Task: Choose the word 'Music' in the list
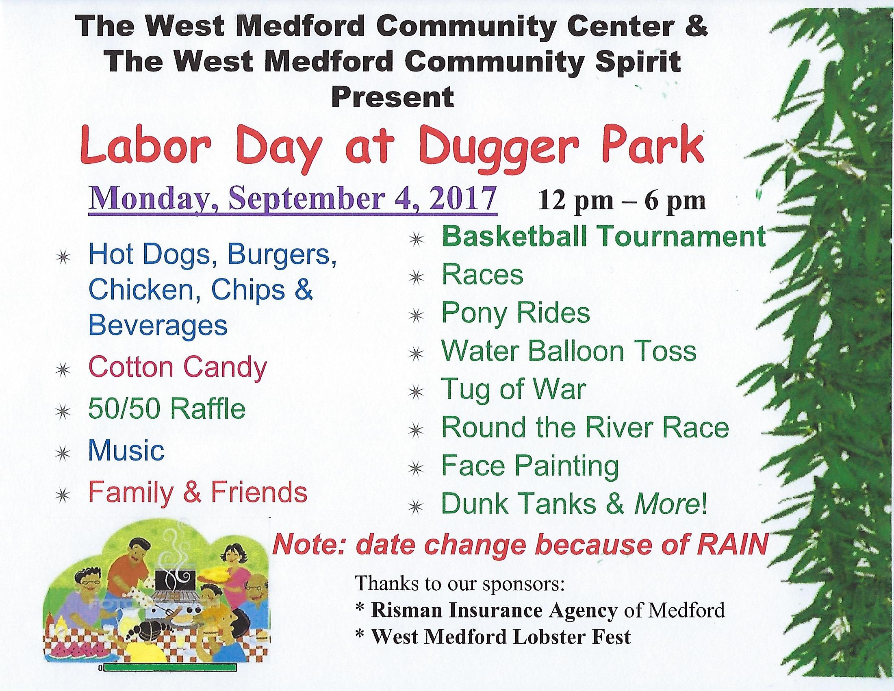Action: point(126,450)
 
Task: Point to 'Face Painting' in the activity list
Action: point(530,467)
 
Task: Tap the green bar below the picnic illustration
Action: point(170,668)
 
